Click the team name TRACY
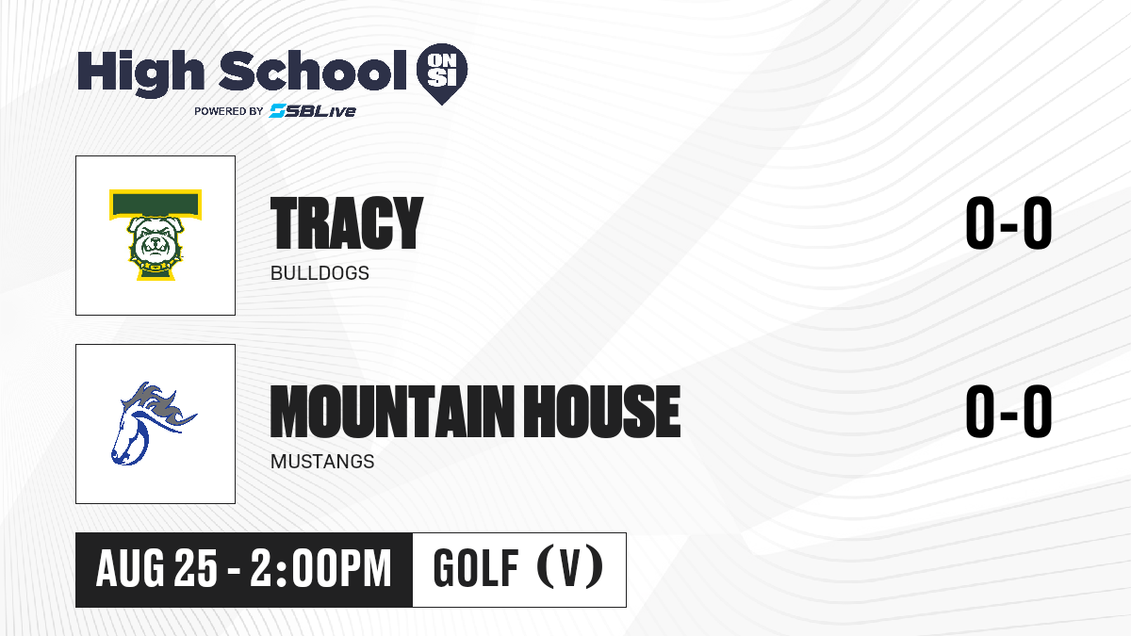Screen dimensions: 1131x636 tap(347, 222)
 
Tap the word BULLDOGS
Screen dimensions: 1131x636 tap(320, 273)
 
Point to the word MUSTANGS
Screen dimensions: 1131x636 tap(322, 462)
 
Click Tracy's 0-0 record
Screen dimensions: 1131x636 tap(1008, 222)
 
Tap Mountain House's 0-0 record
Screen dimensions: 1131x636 tap(1008, 411)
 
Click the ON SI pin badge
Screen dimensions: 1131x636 tap(442, 73)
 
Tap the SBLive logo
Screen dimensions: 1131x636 tap(313, 110)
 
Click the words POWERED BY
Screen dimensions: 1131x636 tap(229, 111)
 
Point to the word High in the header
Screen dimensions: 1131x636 tap(140, 73)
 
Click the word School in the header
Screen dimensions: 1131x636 tap(313, 70)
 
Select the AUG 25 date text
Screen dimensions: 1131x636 tap(156, 569)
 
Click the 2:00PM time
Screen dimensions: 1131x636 tap(321, 569)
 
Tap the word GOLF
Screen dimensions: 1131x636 tap(476, 569)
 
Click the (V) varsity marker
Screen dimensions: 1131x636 tap(570, 568)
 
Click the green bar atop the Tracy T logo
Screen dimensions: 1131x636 tap(156, 204)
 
